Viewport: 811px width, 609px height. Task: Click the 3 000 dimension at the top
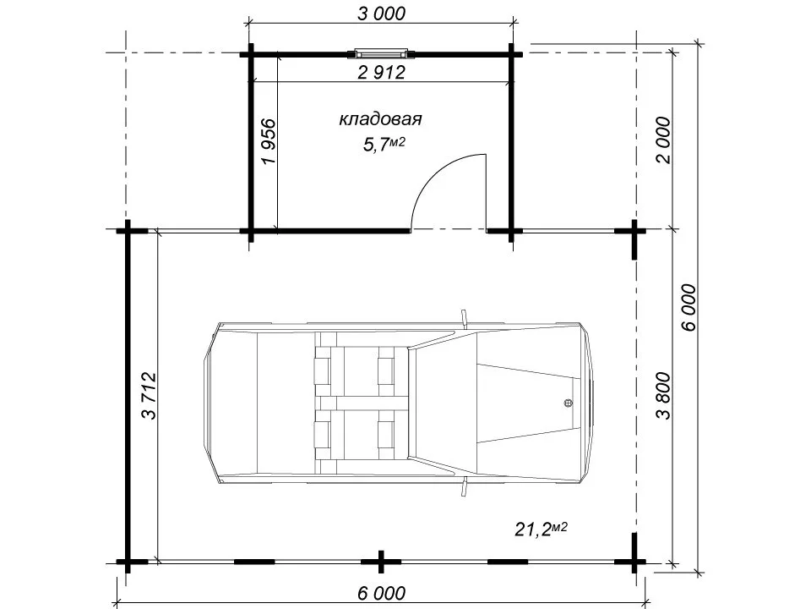[x=381, y=14]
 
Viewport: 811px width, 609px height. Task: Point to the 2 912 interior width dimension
[x=381, y=72]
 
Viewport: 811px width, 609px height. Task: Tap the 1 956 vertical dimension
[x=269, y=141]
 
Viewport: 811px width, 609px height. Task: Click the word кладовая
[x=380, y=119]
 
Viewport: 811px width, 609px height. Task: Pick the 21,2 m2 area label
[x=541, y=529]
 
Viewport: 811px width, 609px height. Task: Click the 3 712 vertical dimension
[x=149, y=395]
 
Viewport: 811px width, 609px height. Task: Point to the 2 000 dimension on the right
[x=662, y=140]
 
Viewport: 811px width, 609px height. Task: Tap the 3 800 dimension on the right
[x=662, y=395]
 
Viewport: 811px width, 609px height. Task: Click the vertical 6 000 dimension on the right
[x=689, y=307]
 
